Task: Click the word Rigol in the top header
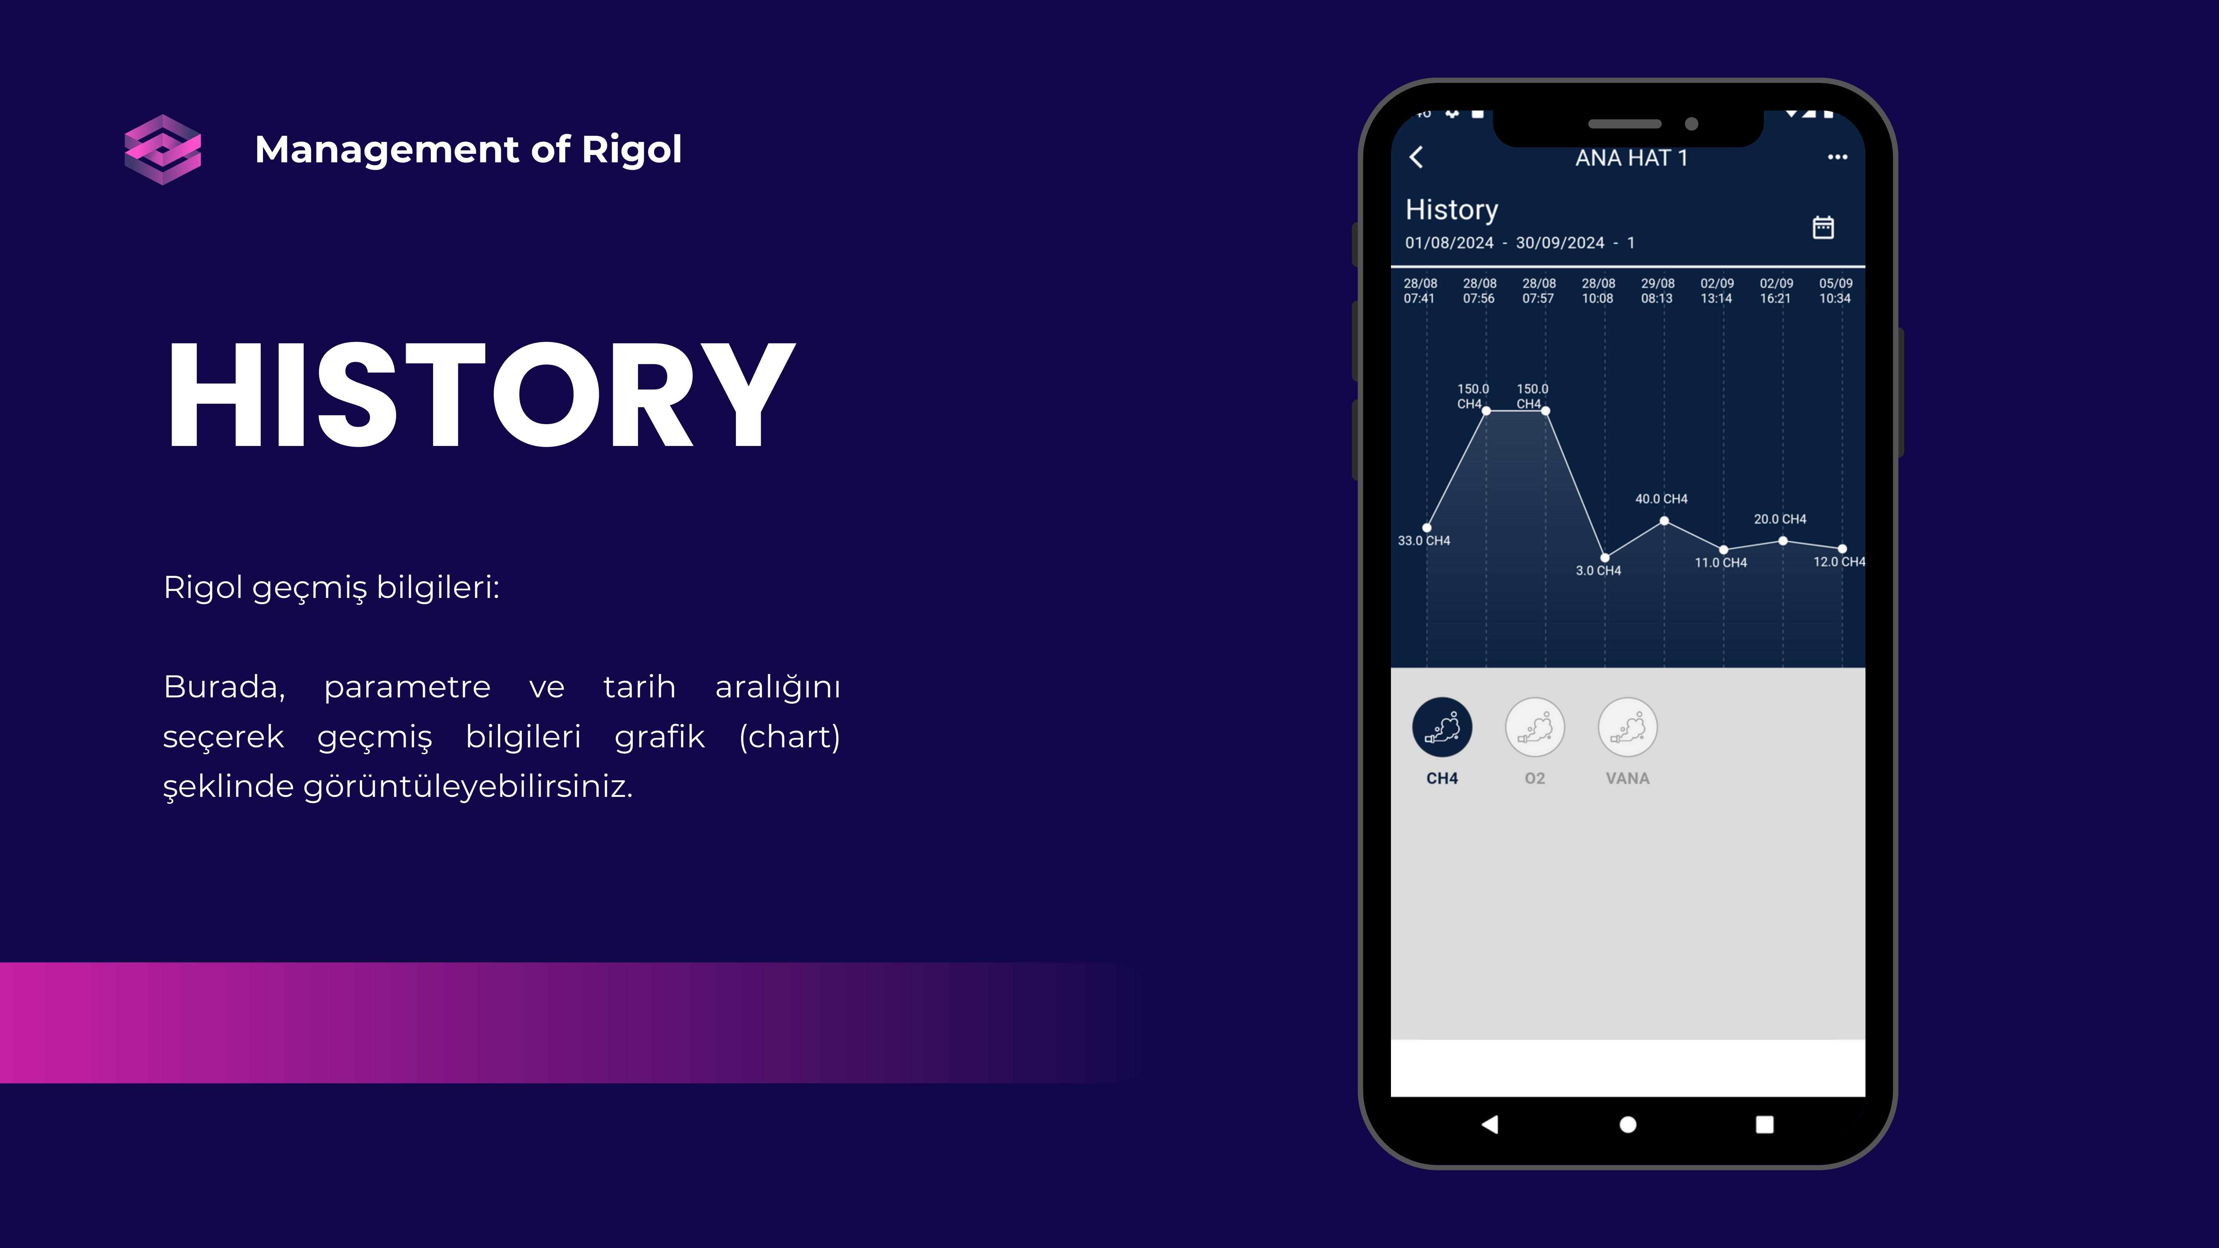tap(631, 150)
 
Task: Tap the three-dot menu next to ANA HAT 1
tap(1837, 157)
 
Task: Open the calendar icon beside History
tap(1823, 227)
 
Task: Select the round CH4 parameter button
tap(1442, 727)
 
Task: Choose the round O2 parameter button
tap(1535, 727)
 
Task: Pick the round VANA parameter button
tap(1627, 727)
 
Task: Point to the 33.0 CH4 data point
tap(1427, 527)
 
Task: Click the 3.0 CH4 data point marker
tap(1605, 557)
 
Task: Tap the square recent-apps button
tap(1764, 1124)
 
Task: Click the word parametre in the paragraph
tap(406, 687)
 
